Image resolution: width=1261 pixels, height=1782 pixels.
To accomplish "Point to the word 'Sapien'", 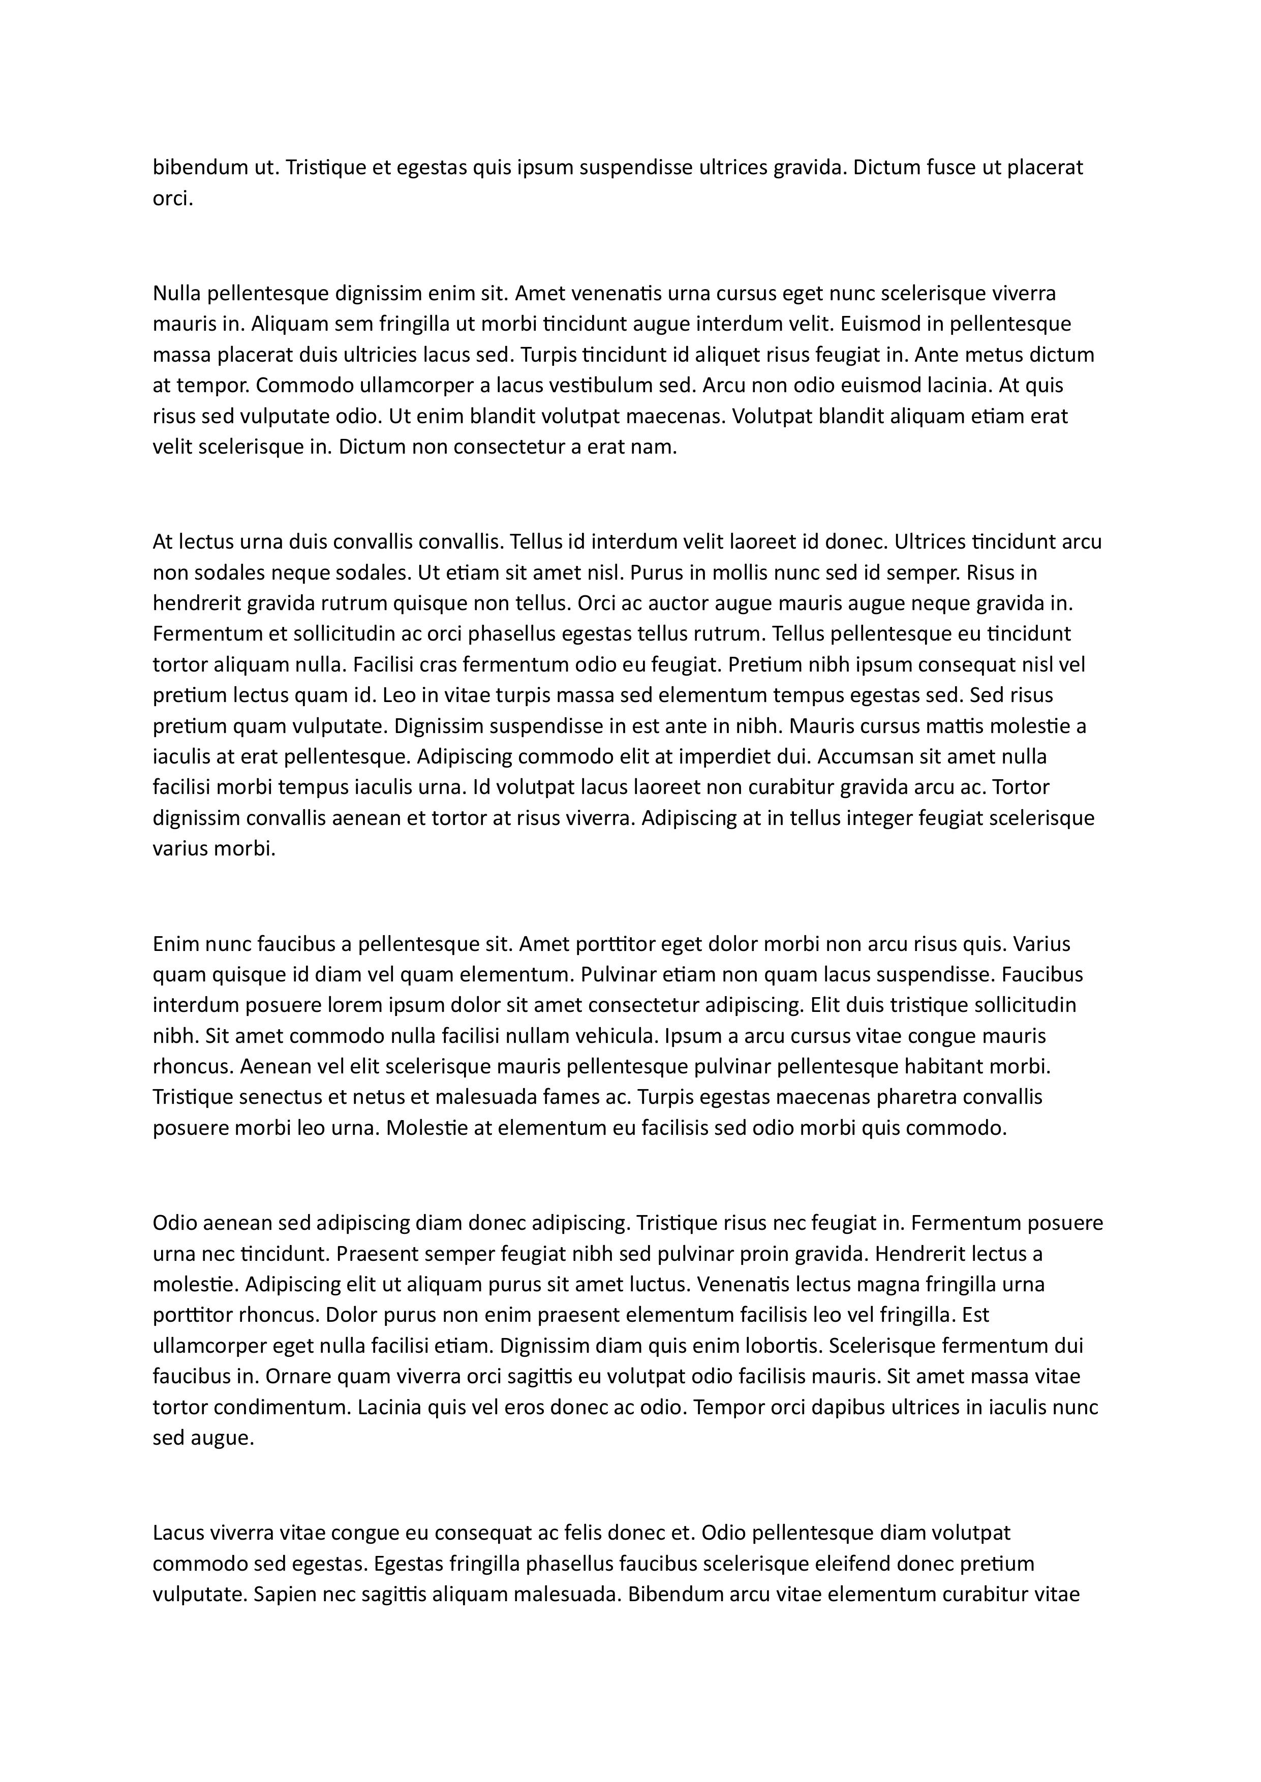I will pos(285,1595).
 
